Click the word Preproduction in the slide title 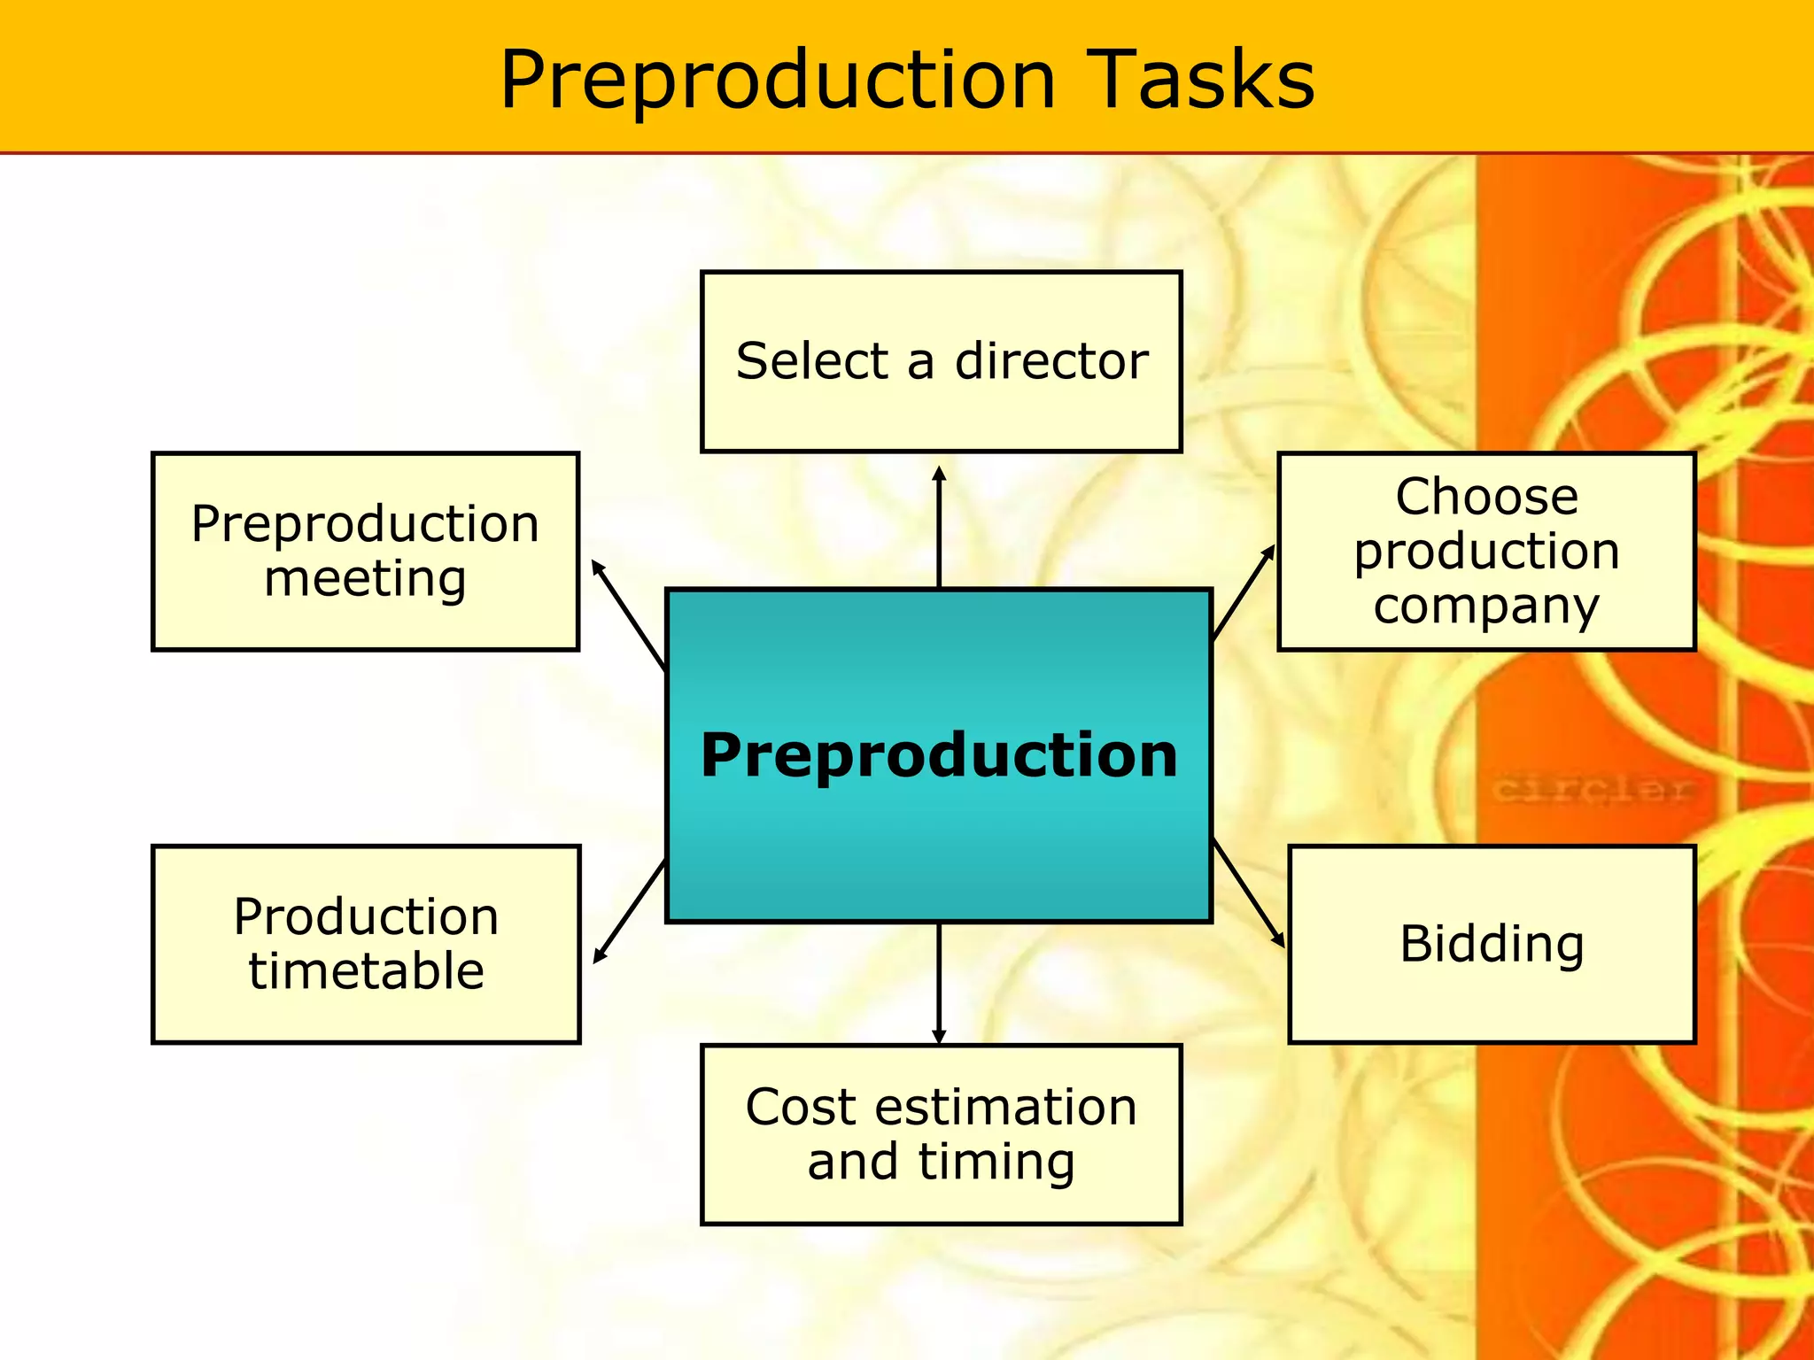[778, 81]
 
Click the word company [1486, 607]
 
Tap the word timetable [366, 971]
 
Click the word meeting [365, 579]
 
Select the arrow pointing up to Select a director [939, 527]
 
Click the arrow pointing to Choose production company [1244, 591]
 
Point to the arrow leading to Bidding [1248, 892]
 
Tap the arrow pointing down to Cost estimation [939, 983]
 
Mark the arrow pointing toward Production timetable [629, 912]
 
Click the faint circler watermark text [1592, 788]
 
